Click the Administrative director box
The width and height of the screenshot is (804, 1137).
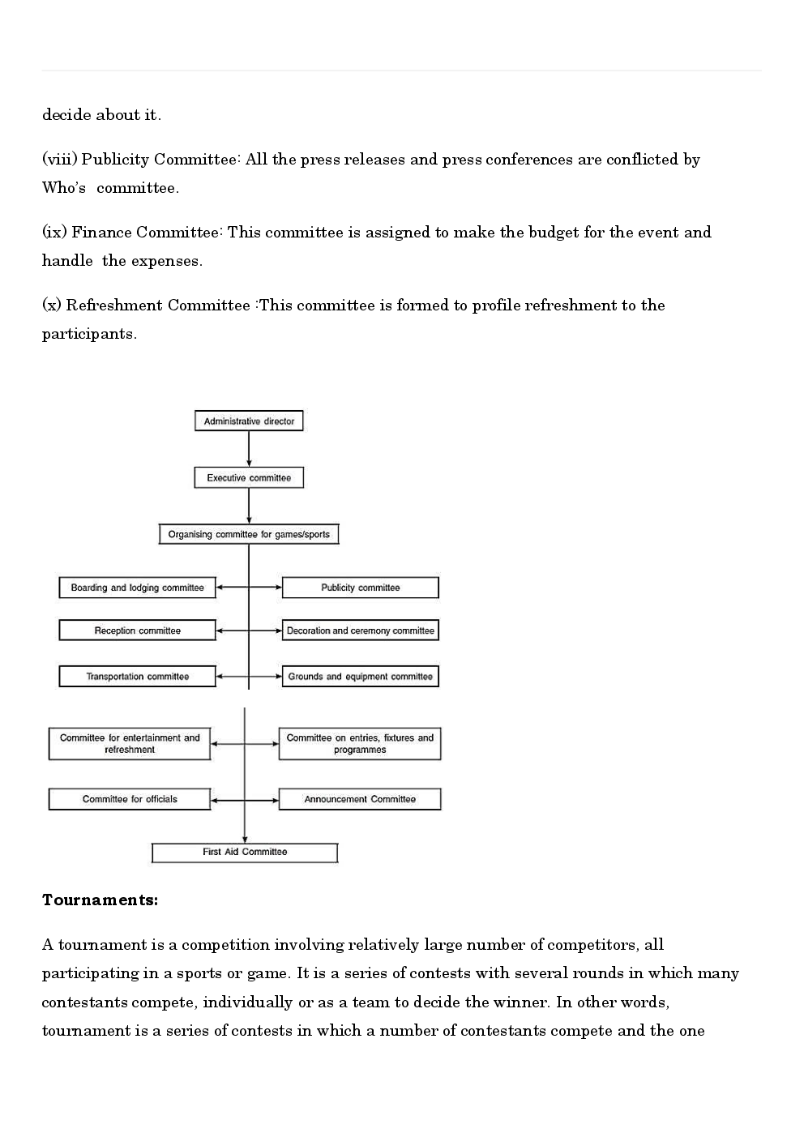click(249, 421)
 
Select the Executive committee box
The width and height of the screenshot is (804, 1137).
click(249, 478)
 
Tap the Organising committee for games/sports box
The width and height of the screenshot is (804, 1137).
click(249, 535)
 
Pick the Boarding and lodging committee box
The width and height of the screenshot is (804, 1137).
click(137, 588)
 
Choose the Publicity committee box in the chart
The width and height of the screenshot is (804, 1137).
click(360, 588)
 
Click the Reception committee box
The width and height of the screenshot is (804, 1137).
click(137, 630)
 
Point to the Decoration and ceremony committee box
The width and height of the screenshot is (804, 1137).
click(360, 630)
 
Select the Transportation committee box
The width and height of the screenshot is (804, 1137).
click(137, 677)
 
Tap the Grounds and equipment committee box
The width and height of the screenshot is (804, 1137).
click(360, 677)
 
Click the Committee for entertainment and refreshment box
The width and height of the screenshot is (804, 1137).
click(130, 744)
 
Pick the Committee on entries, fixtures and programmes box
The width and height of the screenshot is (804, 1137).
click(360, 744)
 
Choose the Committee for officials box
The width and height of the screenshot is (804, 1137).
click(130, 799)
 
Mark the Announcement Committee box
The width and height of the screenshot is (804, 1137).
click(360, 799)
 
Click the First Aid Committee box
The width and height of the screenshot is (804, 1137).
click(245, 853)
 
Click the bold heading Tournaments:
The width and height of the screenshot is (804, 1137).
click(100, 900)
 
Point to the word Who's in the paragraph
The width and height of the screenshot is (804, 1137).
click(64, 188)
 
